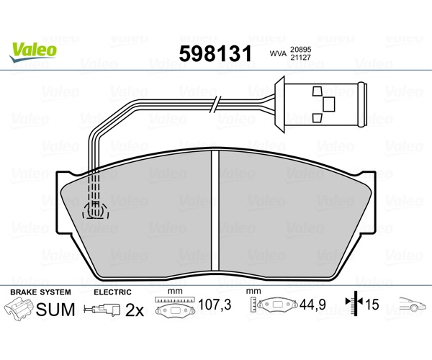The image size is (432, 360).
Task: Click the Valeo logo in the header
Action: pyautogui.click(x=33, y=53)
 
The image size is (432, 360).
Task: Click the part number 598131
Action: pyautogui.click(x=215, y=53)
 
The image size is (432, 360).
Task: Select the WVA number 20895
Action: pyautogui.click(x=300, y=50)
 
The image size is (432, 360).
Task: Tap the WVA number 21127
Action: pyautogui.click(x=300, y=58)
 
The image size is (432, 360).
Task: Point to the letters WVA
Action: pyautogui.click(x=278, y=54)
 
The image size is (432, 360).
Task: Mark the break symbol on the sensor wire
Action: pyautogui.click(x=215, y=104)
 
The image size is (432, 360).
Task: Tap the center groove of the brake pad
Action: pyautogui.click(x=215, y=210)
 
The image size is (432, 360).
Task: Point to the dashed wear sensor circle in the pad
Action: pyautogui.click(x=95, y=210)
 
